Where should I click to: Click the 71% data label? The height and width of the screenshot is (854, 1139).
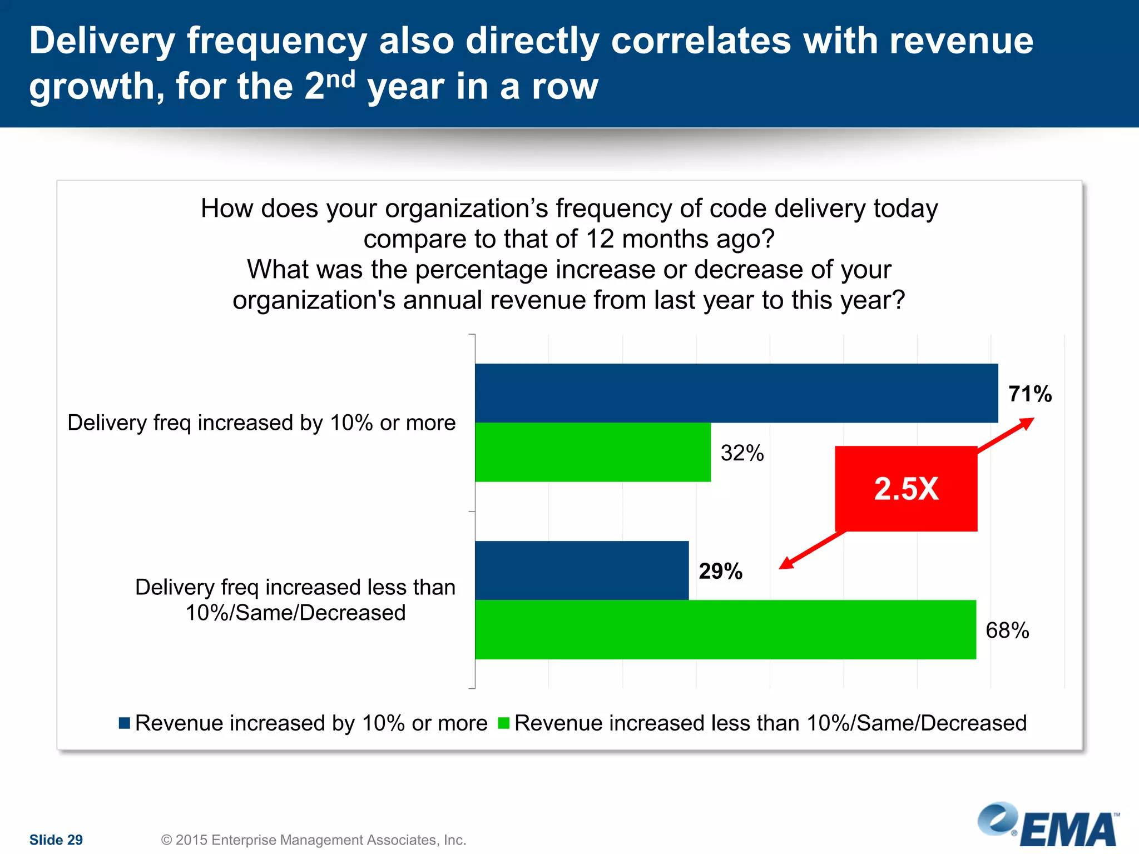(1030, 394)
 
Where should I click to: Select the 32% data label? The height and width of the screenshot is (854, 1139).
(742, 453)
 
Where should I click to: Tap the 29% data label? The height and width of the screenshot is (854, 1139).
(720, 572)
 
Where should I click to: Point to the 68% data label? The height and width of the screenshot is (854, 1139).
(1007, 630)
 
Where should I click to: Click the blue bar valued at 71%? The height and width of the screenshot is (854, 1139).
(736, 393)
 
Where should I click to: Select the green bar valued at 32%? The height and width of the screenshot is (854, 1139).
(592, 452)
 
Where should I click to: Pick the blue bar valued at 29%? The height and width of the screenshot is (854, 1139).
(581, 570)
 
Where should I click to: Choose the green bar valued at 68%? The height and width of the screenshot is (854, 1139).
(725, 629)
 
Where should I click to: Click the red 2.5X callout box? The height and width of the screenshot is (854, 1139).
(905, 489)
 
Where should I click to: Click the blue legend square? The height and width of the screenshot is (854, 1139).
(125, 723)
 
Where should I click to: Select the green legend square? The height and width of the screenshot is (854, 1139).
(504, 723)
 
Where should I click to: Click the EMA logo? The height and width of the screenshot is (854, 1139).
(1049, 826)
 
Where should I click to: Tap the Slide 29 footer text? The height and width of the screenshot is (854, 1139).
(56, 840)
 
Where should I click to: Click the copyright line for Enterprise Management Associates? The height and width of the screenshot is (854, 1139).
(313, 840)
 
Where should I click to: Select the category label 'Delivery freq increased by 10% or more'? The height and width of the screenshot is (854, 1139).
(261, 423)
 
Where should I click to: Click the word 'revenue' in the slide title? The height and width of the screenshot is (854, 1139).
(960, 41)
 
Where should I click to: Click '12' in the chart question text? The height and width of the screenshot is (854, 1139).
(600, 239)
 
